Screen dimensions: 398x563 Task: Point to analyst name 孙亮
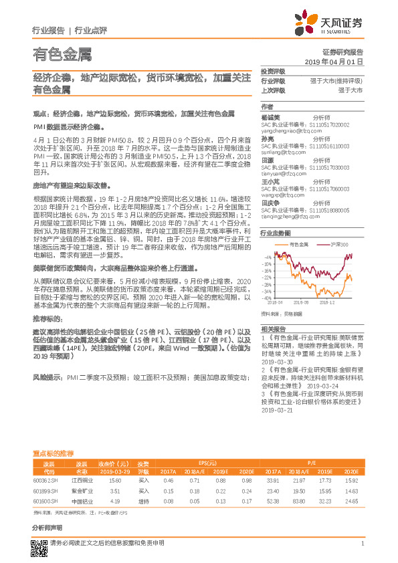click(x=267, y=138)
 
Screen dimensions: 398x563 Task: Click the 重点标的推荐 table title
click(x=54, y=453)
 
